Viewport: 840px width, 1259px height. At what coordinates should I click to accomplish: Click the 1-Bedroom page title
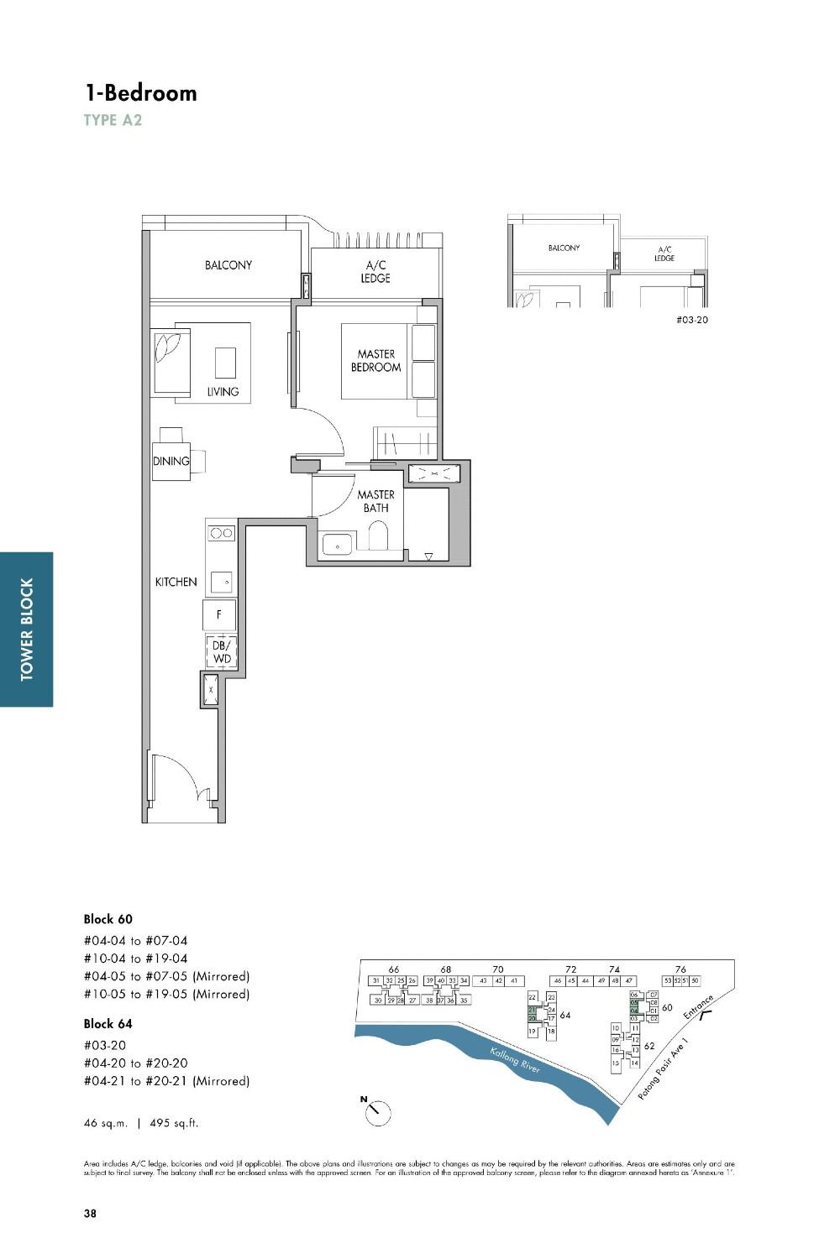click(140, 92)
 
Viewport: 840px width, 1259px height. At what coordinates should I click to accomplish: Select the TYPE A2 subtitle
click(113, 120)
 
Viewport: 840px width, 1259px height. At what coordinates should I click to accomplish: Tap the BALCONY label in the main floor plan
click(228, 265)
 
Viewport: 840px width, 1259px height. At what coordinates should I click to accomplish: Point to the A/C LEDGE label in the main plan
click(375, 272)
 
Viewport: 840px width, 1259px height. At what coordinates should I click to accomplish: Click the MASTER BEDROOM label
click(375, 361)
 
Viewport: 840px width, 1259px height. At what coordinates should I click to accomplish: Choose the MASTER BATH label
click(375, 501)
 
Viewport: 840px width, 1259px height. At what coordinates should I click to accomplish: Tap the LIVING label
click(223, 391)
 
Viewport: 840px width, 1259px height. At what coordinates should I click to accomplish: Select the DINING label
click(171, 461)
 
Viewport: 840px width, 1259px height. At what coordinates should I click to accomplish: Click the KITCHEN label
click(176, 582)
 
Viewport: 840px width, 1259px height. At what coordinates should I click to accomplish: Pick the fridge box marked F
click(219, 615)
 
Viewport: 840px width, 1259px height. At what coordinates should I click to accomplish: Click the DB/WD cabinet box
click(221, 652)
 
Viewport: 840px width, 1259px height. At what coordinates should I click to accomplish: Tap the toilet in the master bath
click(379, 537)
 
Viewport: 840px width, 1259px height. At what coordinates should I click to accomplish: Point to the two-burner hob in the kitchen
click(222, 532)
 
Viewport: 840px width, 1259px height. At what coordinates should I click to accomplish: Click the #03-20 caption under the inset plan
click(691, 320)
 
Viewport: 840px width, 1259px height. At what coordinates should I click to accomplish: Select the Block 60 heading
click(108, 919)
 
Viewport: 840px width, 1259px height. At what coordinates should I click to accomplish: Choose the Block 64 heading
click(108, 1023)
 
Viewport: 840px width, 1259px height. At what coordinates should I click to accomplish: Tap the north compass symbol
click(378, 1112)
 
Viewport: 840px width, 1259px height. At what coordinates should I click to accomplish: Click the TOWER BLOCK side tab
click(27, 629)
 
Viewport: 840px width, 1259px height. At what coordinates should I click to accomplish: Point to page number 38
click(90, 1213)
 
